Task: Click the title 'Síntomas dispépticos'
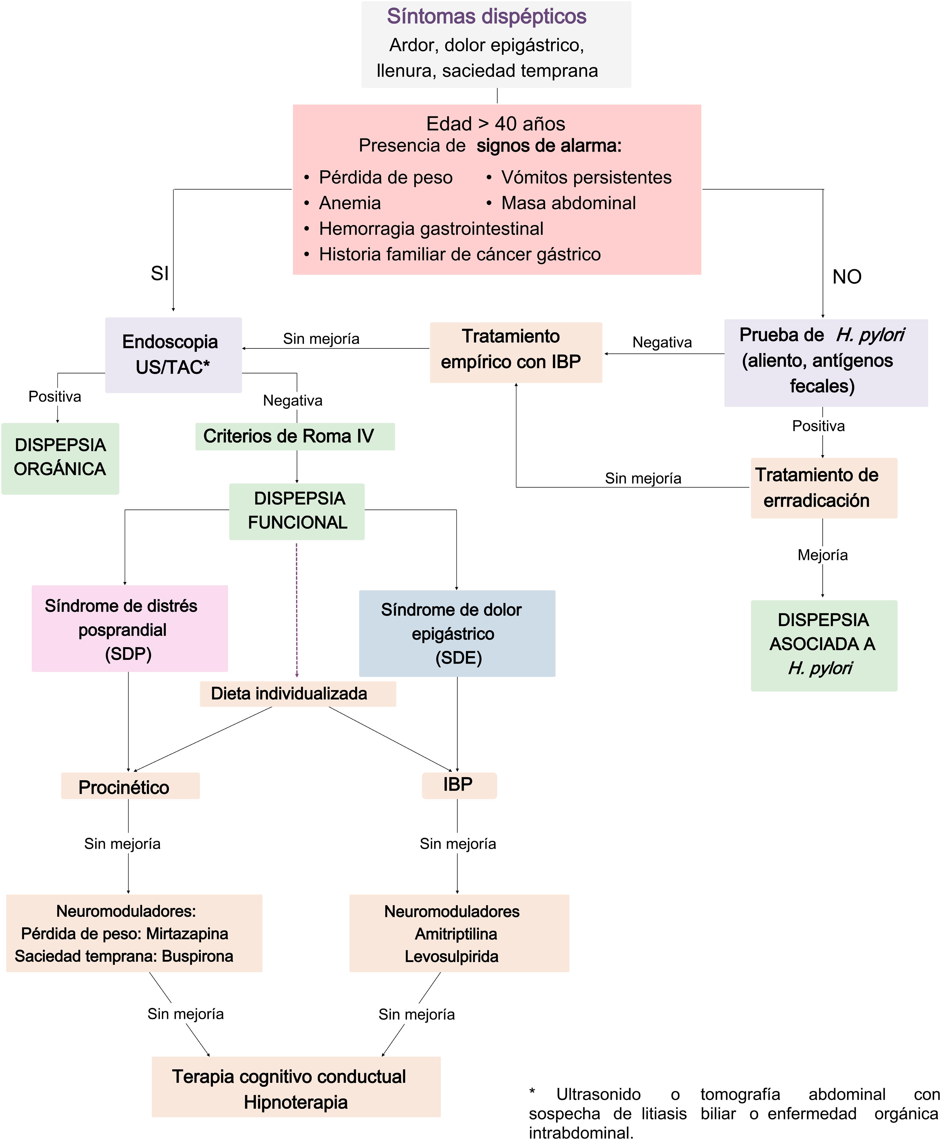point(486,16)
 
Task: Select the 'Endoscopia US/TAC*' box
point(173,355)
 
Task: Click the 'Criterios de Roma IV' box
point(295,436)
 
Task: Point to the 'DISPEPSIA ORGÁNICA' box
point(60,458)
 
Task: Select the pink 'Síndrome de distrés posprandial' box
point(130,628)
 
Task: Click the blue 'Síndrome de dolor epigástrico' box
point(457,633)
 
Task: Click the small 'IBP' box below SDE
point(459,785)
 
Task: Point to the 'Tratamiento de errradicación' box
point(824,488)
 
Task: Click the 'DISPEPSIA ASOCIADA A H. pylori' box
point(824,645)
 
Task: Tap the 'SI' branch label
point(160,273)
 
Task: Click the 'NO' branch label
point(847,277)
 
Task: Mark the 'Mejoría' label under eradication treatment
point(822,555)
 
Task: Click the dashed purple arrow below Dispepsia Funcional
point(296,610)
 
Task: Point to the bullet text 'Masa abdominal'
point(568,203)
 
